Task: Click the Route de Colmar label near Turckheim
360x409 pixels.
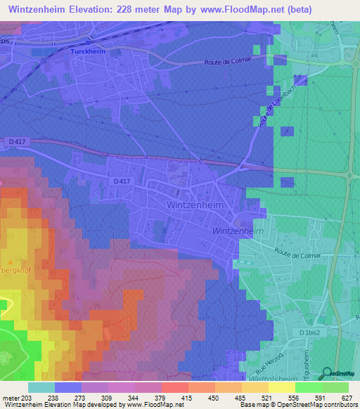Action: pyautogui.click(x=224, y=62)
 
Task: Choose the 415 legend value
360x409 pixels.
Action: pyautogui.click(x=188, y=397)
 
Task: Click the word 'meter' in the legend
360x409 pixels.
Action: pyautogui.click(x=10, y=397)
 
